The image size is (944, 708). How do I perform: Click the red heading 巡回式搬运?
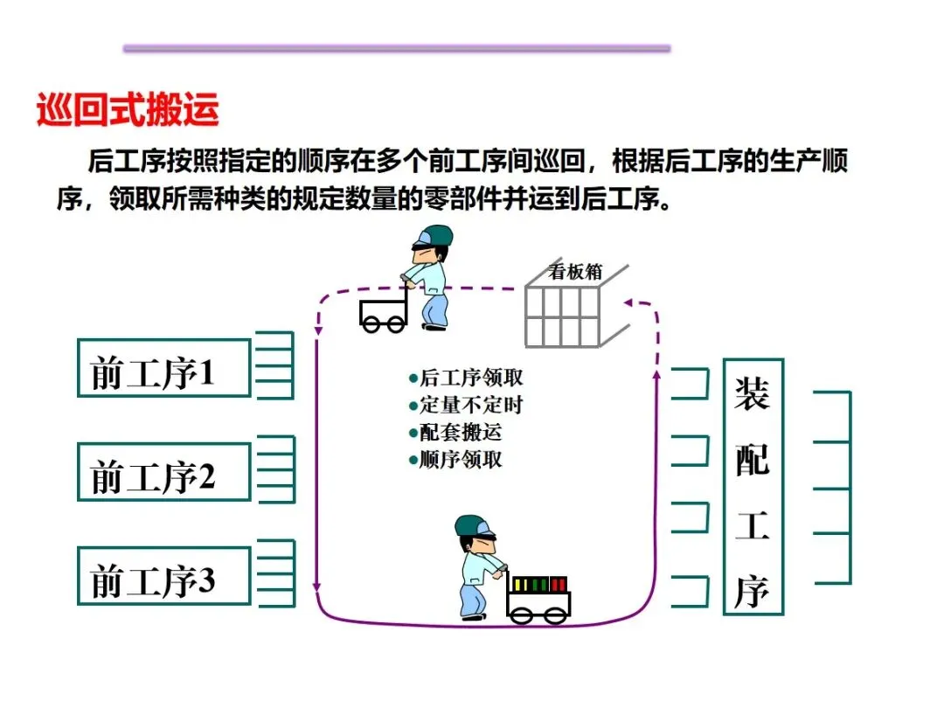[x=128, y=111]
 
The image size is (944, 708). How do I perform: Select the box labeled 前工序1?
[x=163, y=368]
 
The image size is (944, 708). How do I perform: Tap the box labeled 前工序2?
[x=163, y=472]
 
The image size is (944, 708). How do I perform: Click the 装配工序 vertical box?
[x=753, y=487]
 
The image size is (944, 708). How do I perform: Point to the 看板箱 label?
[x=575, y=271]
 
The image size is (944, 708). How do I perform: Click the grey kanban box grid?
[x=564, y=315]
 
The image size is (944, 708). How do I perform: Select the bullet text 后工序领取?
[x=467, y=378]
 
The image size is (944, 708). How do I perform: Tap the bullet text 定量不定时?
[x=467, y=406]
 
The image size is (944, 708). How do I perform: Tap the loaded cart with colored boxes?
[x=538, y=601]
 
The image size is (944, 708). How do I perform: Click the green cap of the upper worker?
[x=434, y=235]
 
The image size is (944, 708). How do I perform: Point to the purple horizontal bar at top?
[x=397, y=49]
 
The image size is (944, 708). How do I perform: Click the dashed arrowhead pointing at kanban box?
[x=628, y=303]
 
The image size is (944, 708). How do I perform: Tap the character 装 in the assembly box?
[x=752, y=394]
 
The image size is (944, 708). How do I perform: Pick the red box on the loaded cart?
[x=559, y=584]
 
